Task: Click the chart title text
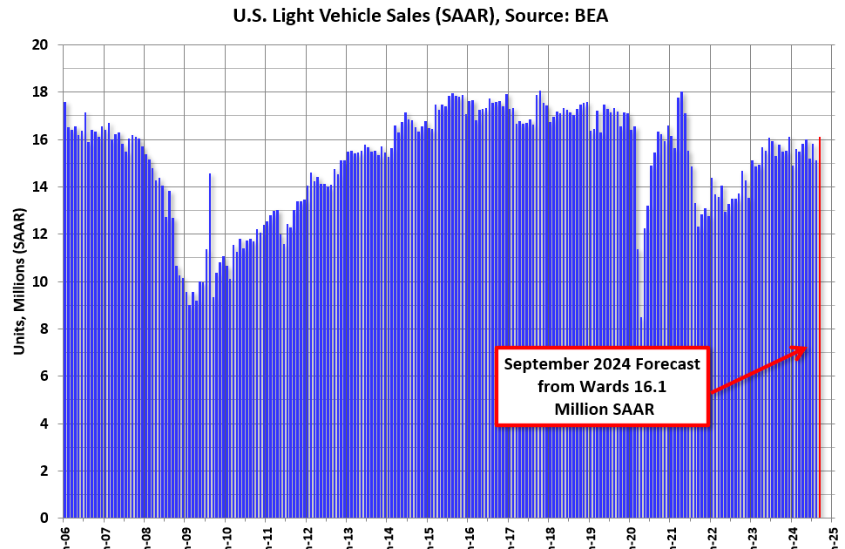422,15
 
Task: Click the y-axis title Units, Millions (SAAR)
18,281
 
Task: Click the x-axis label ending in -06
64,533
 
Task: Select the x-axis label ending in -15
428,533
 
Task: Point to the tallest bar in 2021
681,305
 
